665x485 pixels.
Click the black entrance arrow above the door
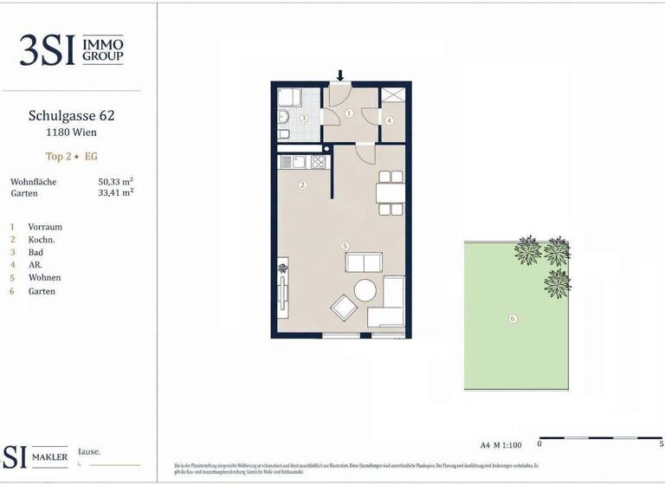pyautogui.click(x=341, y=76)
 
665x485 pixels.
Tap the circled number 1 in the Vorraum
pyautogui.click(x=349, y=113)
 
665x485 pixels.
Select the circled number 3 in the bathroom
pyautogui.click(x=304, y=118)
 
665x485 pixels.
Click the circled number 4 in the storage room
pyautogui.click(x=390, y=120)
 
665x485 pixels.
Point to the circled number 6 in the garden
pyautogui.click(x=513, y=319)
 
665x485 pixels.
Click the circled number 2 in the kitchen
pyautogui.click(x=302, y=184)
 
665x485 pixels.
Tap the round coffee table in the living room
pyautogui.click(x=364, y=291)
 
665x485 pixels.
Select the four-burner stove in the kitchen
pyautogui.click(x=319, y=161)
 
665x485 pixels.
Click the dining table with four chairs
pyautogui.click(x=391, y=192)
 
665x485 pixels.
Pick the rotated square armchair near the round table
pyautogui.click(x=343, y=307)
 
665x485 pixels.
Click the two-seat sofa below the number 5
pyautogui.click(x=361, y=263)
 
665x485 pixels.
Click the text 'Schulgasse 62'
pyautogui.click(x=71, y=115)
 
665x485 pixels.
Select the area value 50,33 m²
pyautogui.click(x=115, y=182)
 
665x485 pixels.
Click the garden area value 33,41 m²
pyautogui.click(x=115, y=194)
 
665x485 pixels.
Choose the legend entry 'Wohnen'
pyautogui.click(x=44, y=278)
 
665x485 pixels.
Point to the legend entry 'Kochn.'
pyautogui.click(x=42, y=239)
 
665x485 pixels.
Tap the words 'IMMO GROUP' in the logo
pyautogui.click(x=102, y=50)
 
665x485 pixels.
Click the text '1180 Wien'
pyautogui.click(x=71, y=133)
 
